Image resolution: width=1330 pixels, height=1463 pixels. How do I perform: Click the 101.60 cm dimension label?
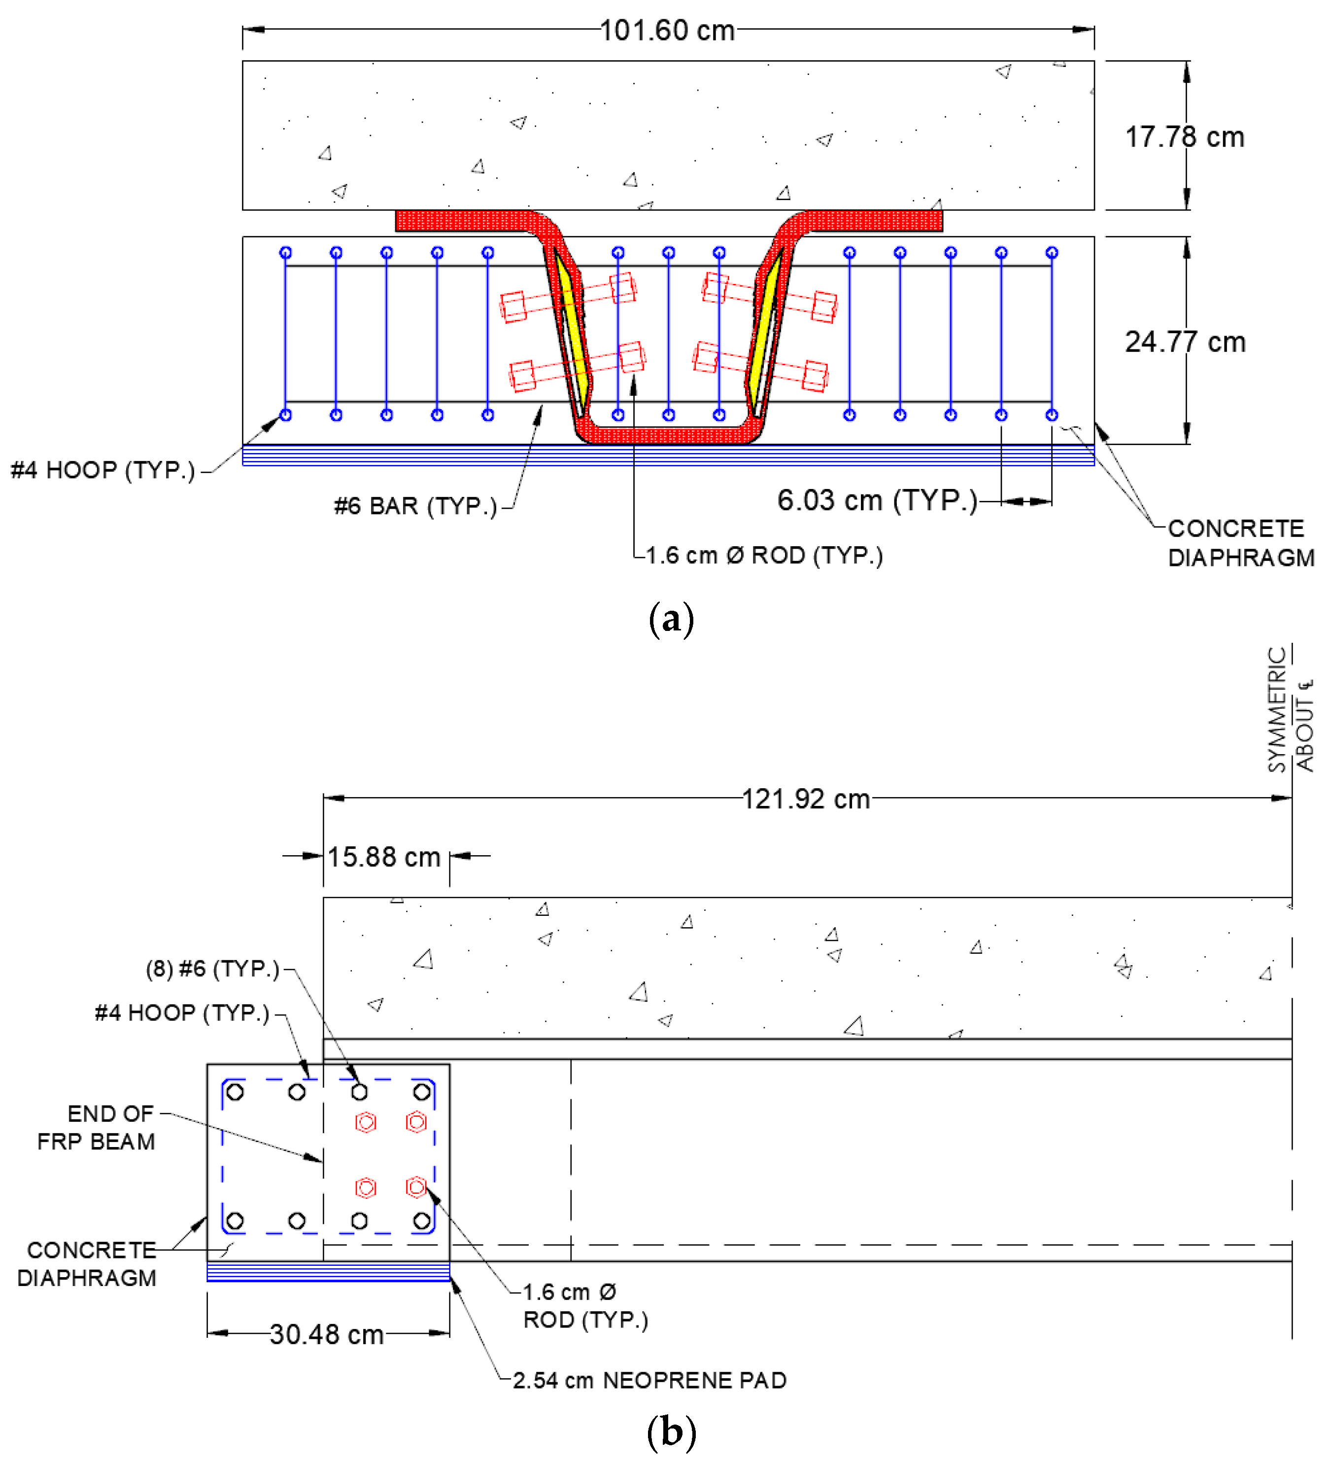click(x=667, y=31)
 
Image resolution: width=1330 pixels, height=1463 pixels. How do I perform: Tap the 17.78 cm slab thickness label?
click(x=1184, y=137)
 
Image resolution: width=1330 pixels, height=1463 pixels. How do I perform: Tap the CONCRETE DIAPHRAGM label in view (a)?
click(x=1241, y=543)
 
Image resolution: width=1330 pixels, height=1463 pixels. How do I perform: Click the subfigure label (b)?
click(x=671, y=1431)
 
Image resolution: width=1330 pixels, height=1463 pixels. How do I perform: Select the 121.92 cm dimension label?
click(x=805, y=799)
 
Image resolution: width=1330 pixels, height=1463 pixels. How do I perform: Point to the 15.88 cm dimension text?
click(x=384, y=857)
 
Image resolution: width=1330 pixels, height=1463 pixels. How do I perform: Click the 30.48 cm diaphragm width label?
click(x=327, y=1334)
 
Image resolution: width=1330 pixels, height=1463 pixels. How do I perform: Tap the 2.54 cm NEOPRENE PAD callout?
click(x=649, y=1380)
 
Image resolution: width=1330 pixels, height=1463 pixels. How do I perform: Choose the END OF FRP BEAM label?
click(x=97, y=1127)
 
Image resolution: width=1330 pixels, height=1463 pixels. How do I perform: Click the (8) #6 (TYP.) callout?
click(x=212, y=968)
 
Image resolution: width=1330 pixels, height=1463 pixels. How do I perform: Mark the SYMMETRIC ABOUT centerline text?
click(x=1290, y=710)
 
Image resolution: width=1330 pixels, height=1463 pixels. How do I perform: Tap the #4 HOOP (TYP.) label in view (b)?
click(x=182, y=1012)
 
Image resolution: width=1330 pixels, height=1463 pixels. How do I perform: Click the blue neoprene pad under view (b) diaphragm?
click(x=328, y=1271)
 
